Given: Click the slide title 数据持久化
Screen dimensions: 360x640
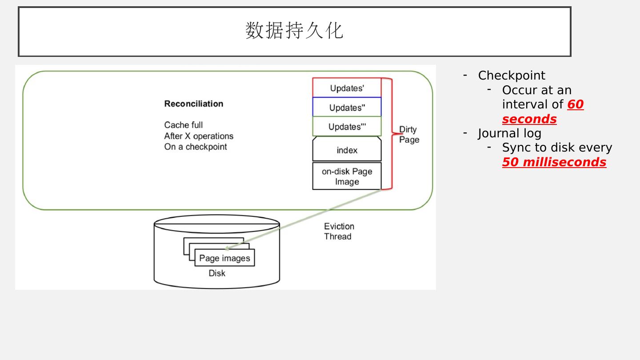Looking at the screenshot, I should pyautogui.click(x=294, y=31).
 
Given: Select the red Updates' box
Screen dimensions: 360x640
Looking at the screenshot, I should pyautogui.click(x=347, y=88).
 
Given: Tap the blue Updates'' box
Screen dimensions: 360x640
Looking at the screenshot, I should pyautogui.click(x=347, y=108).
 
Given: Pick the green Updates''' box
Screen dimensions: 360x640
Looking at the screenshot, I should pyautogui.click(x=347, y=127).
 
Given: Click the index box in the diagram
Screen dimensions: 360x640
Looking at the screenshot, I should pyautogui.click(x=347, y=150).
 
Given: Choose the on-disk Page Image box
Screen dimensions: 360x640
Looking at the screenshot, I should pyautogui.click(x=347, y=176).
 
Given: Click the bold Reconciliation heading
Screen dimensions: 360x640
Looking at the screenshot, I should pyautogui.click(x=194, y=104).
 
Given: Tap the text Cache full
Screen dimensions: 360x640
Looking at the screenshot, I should pyautogui.click(x=184, y=125).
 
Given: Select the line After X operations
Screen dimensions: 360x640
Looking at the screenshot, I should pyautogui.click(x=199, y=136).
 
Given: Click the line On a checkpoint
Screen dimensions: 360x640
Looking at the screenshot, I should pyautogui.click(x=196, y=147).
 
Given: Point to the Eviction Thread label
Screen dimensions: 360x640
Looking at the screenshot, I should pyautogui.click(x=339, y=231).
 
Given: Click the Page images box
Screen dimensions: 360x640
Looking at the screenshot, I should pyautogui.click(x=224, y=258).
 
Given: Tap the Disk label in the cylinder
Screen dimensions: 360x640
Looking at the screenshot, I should pyautogui.click(x=217, y=273).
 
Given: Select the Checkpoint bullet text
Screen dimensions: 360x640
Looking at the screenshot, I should pyautogui.click(x=511, y=76).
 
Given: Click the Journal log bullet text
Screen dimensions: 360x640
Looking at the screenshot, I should pyautogui.click(x=509, y=133).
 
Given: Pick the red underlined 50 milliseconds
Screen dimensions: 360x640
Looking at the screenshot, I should pyautogui.click(x=554, y=162).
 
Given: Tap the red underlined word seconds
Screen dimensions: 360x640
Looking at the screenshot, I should pyautogui.click(x=529, y=119).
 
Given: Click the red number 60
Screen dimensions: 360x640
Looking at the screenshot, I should pyautogui.click(x=576, y=104).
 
